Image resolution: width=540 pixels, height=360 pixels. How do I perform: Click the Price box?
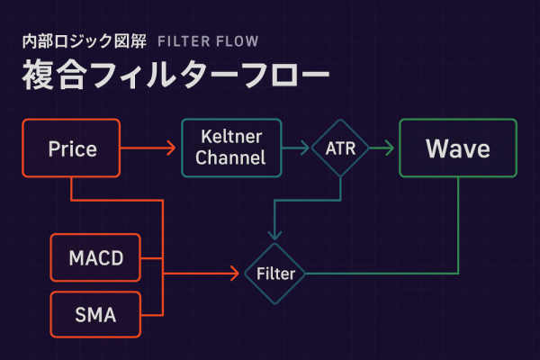(x=72, y=148)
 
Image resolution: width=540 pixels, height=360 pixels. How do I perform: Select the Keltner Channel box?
(x=232, y=148)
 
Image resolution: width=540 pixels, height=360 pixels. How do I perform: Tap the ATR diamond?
(x=340, y=148)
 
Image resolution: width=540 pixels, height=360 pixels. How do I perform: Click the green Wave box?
(x=457, y=148)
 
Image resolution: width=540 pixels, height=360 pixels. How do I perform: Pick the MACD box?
(x=95, y=260)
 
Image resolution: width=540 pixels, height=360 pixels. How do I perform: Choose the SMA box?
(x=95, y=315)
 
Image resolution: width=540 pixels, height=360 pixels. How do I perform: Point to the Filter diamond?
(x=275, y=273)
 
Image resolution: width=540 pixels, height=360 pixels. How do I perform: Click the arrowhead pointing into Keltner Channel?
(x=172, y=148)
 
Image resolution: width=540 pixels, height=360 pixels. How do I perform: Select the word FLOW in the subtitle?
(x=238, y=41)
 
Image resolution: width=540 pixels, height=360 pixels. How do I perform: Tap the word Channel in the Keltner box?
(x=232, y=158)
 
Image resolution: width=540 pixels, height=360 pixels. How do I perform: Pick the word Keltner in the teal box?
(x=232, y=138)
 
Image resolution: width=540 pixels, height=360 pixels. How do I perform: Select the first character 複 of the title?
(x=38, y=75)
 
